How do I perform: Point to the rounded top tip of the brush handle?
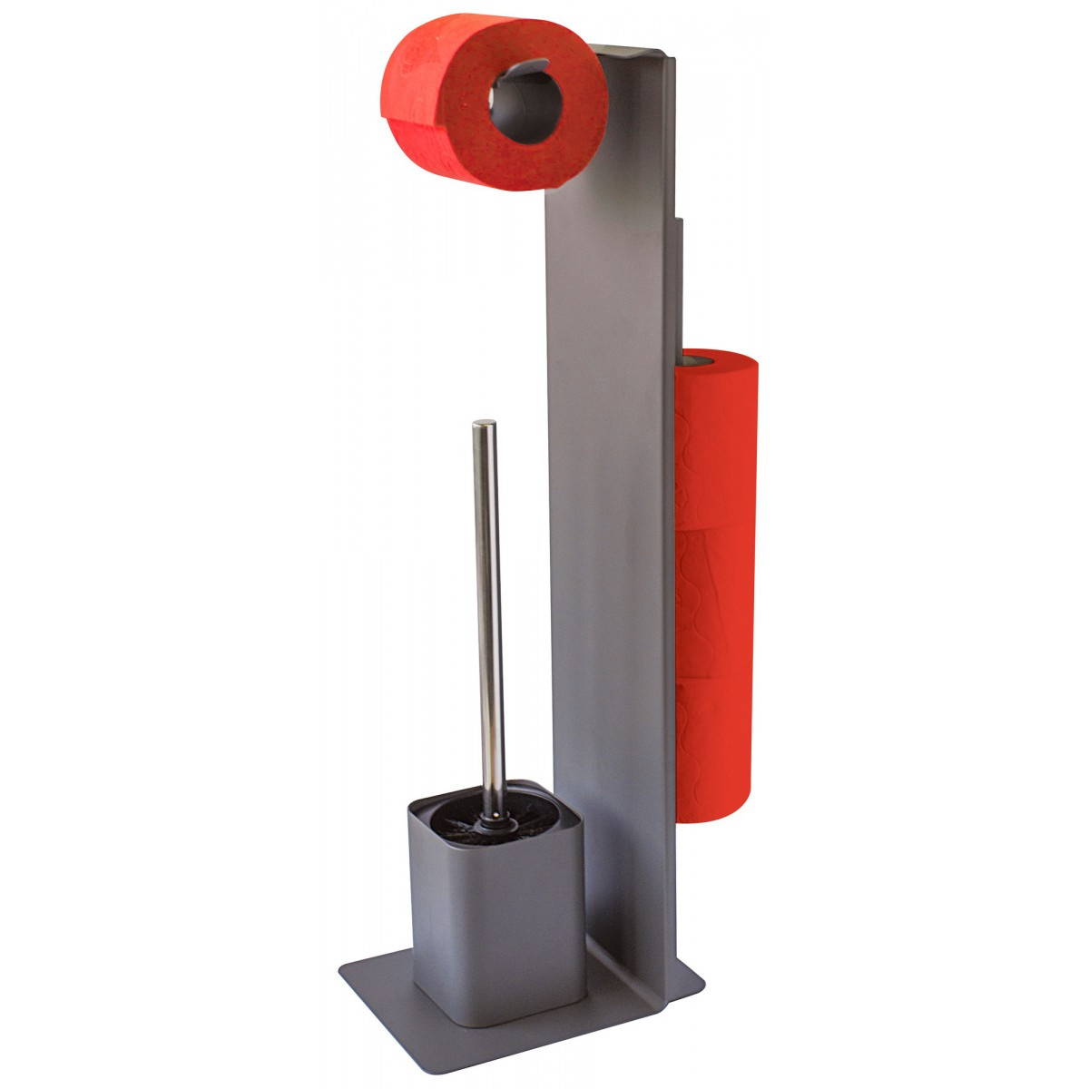[x=486, y=425]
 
